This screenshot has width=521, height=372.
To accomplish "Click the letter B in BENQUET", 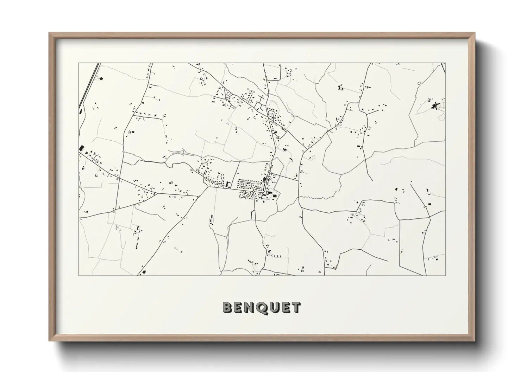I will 228,308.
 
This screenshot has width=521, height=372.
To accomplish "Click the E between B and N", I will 239,308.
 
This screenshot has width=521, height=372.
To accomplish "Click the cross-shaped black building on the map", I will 435,105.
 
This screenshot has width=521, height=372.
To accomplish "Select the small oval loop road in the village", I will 244,194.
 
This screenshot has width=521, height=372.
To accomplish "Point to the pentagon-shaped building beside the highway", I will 101,78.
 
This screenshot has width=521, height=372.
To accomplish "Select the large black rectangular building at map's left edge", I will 81,148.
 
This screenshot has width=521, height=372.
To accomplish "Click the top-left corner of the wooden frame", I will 49,33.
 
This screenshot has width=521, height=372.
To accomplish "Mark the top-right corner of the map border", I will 445,63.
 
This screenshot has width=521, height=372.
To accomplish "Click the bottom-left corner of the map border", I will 79,275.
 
